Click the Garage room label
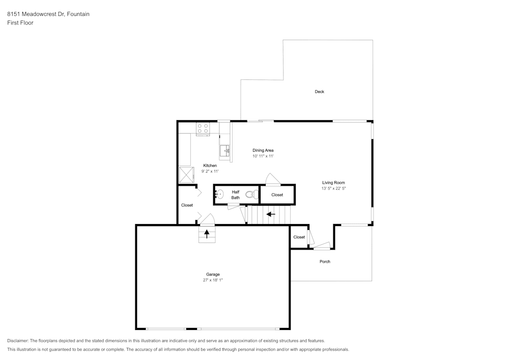[213, 274]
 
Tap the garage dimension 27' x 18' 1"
[213, 280]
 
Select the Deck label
[319, 92]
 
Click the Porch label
[325, 262]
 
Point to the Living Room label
[333, 182]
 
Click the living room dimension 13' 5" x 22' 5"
[333, 188]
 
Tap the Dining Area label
[263, 150]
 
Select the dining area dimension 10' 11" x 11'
[263, 156]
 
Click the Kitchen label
[210, 165]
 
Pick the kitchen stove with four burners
[203, 129]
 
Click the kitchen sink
[225, 150]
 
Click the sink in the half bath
[219, 194]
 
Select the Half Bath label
[236, 195]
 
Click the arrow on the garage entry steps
[207, 234]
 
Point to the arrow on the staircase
[271, 214]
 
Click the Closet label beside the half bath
[277, 195]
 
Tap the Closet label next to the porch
[299, 237]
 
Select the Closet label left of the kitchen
[187, 205]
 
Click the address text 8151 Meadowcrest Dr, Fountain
[48, 14]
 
